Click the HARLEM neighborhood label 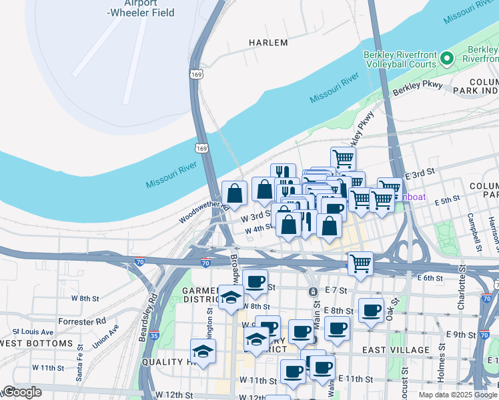pos(268,43)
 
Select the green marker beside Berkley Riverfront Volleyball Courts pos(448,59)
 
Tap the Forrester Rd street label pos(82,321)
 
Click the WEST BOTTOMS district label pos(37,343)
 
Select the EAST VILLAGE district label pos(396,350)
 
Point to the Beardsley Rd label pos(147,317)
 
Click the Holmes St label pos(441,363)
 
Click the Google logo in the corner pos(22,392)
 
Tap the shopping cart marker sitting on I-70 pos(360,263)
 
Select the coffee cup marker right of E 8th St pos(372,309)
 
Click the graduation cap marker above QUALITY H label pos(203,350)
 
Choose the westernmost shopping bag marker pos(234,193)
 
